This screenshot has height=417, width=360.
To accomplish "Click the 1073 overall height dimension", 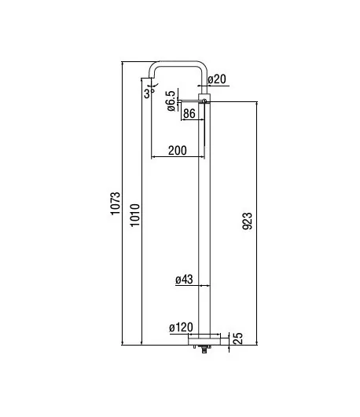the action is click(116, 203).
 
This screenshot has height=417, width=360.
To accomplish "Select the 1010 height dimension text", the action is click(134, 215).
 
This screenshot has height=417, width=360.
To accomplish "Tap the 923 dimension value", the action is click(247, 221).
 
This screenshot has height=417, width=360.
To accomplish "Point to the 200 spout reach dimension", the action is click(178, 151).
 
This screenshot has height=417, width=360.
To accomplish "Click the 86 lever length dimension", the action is click(189, 114).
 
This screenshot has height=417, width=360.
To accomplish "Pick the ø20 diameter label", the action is click(217, 79).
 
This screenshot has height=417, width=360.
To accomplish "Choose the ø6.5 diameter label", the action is click(171, 101).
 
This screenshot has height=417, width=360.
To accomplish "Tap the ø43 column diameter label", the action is click(184, 280).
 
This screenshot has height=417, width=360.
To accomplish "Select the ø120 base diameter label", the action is click(181, 327).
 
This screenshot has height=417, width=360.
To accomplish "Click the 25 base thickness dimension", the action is click(238, 338).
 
